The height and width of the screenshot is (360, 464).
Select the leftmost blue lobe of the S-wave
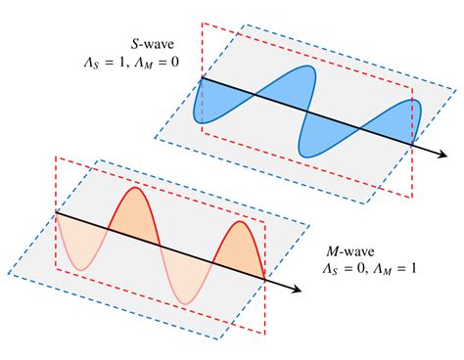point(218,103)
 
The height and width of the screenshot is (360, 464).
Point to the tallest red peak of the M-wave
point(133,190)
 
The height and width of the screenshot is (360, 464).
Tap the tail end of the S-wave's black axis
point(201,77)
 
